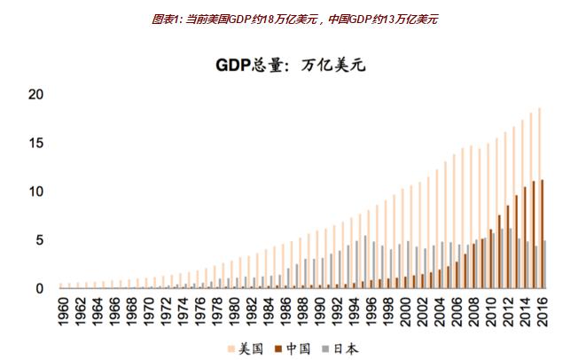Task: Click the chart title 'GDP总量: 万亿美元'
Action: pos(290,65)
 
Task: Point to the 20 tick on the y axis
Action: pos(36,95)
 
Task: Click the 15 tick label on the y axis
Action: pos(36,144)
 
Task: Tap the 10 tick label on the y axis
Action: pos(36,192)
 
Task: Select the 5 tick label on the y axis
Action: pos(40,240)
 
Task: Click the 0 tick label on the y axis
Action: pos(40,288)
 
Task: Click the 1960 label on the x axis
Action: pos(63,310)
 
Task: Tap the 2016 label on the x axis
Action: pos(543,310)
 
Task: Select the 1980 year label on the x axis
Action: pos(234,310)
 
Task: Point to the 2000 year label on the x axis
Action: pos(405,310)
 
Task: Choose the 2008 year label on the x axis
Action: pos(474,310)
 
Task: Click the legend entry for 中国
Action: pos(297,348)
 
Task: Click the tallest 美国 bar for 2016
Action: pos(538,199)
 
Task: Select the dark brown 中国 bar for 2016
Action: pos(543,234)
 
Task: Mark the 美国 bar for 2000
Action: pos(402,239)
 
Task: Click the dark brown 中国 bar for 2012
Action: pos(508,247)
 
